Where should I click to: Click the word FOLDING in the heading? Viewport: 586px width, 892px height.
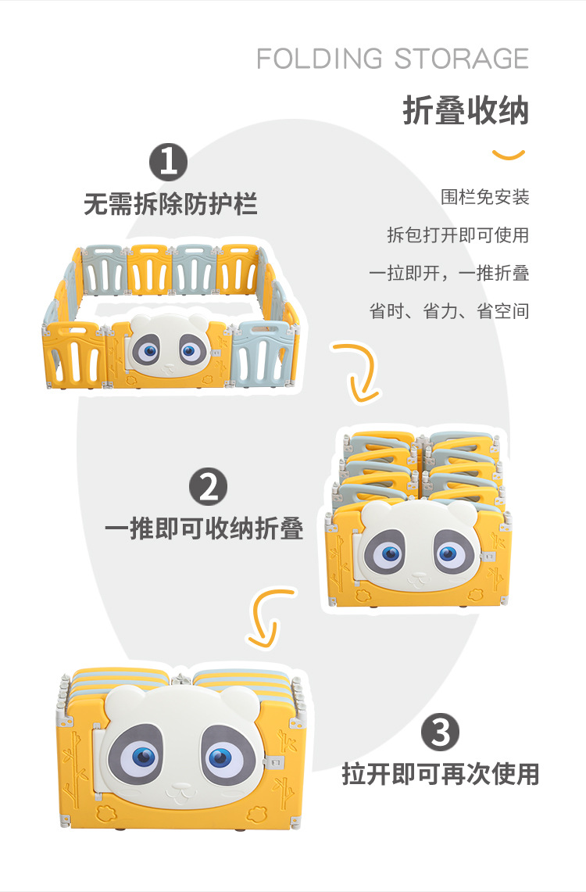coord(320,59)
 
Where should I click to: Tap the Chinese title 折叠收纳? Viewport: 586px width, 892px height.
coord(466,111)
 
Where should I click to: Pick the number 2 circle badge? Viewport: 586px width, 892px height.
coord(208,487)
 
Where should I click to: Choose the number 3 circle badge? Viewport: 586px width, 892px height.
coord(441,733)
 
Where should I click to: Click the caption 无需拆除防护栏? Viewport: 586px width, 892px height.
coord(170,205)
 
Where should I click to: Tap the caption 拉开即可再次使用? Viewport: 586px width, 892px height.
coord(441,774)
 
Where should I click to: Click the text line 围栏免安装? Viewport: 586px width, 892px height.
coord(484,197)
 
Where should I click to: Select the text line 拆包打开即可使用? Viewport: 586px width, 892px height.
coord(458,235)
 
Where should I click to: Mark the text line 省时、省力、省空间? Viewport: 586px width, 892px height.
coord(448,310)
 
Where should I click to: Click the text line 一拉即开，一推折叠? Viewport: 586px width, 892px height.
coord(448,273)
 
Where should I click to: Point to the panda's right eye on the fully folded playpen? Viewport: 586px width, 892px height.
coord(220,757)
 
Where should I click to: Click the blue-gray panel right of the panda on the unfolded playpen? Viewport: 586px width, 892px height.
coord(265,353)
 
